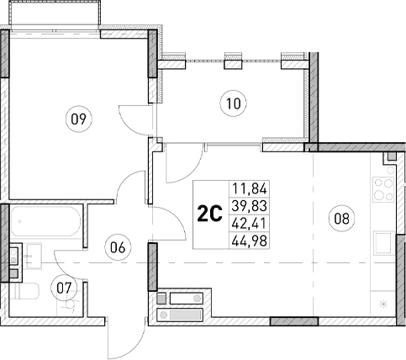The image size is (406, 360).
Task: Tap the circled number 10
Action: pos(233,104)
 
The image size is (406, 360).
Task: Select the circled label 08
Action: pos(341,219)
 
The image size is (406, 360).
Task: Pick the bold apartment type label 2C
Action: pos(208,214)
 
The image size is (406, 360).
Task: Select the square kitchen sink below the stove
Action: pos(383,241)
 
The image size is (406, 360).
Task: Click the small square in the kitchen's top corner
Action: pos(389,159)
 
